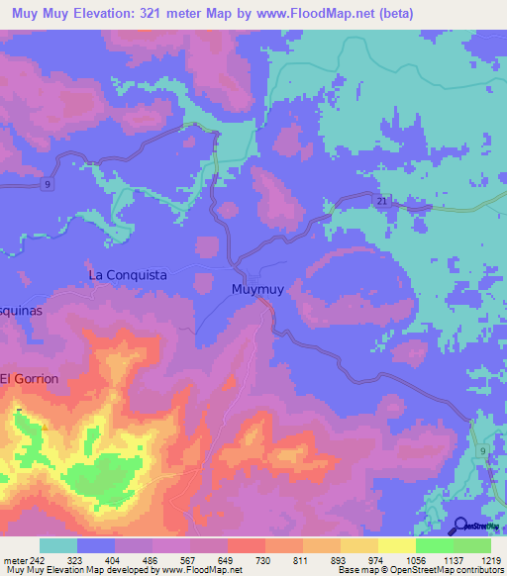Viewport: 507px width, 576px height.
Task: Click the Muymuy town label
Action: click(x=263, y=291)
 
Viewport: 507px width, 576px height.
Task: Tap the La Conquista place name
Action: click(x=128, y=273)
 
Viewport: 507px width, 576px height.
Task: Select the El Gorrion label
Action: click(x=30, y=379)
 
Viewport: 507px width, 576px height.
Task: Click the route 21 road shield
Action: click(x=380, y=202)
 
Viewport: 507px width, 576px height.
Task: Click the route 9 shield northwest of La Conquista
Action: click(x=46, y=184)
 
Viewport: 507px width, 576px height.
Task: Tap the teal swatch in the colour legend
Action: click(x=57, y=545)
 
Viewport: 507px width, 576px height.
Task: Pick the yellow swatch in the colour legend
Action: click(x=396, y=545)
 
